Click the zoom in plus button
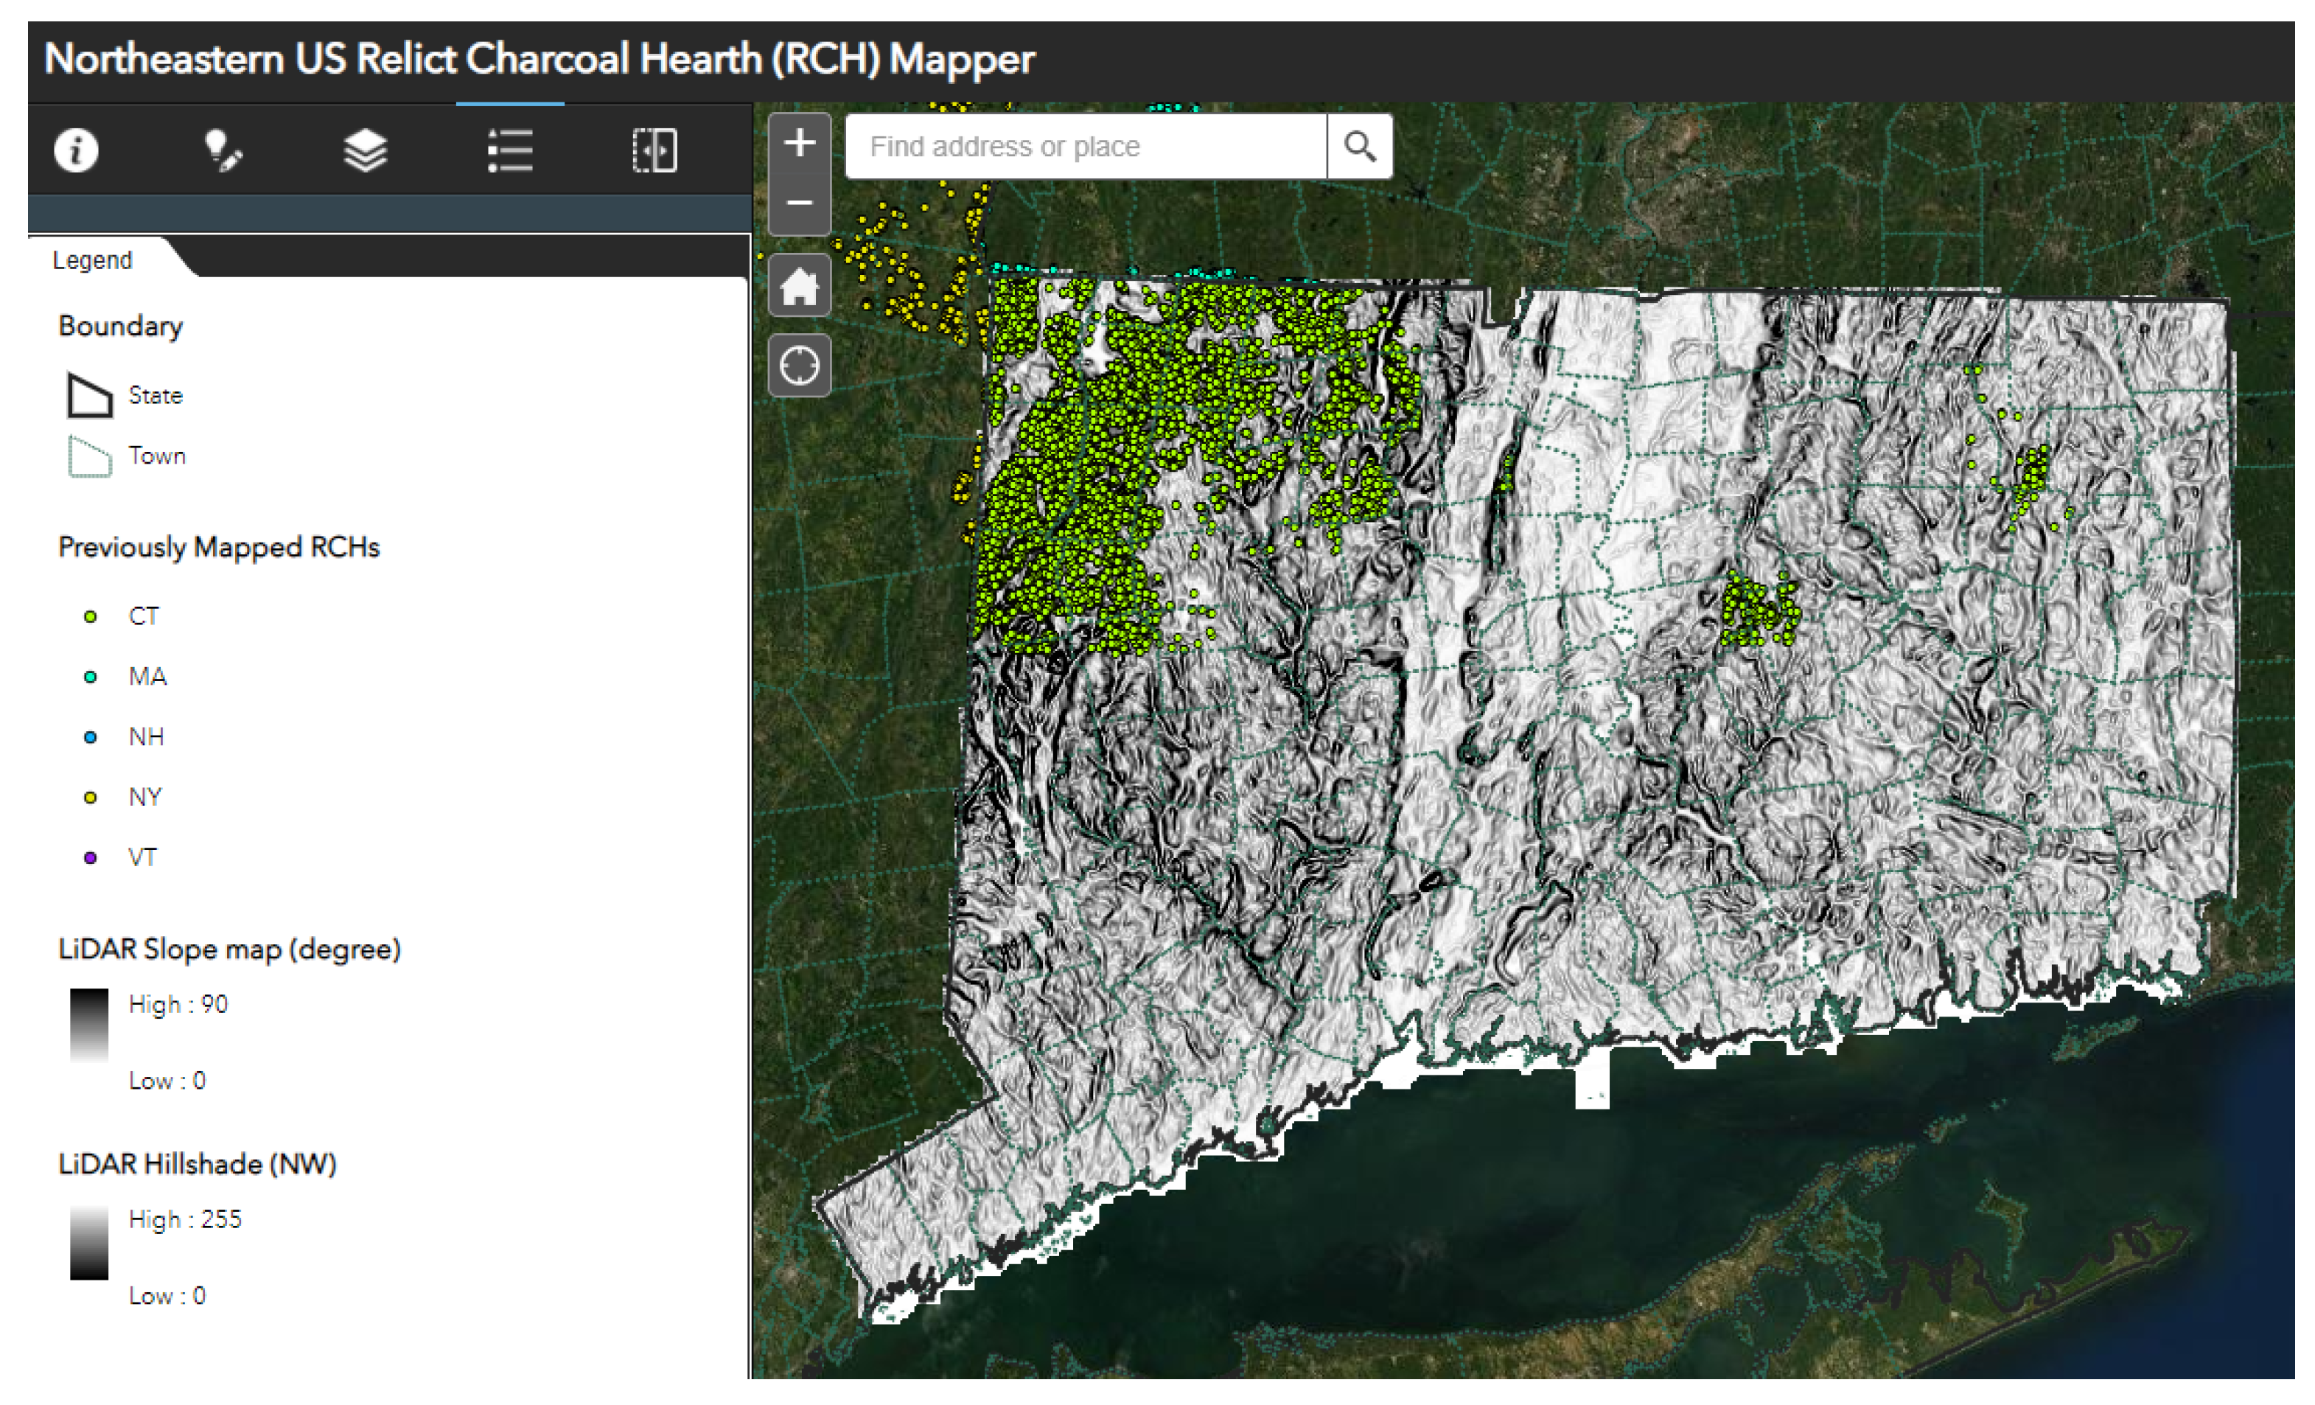click(x=800, y=144)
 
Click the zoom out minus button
click(x=800, y=203)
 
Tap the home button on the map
click(x=800, y=286)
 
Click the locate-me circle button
click(x=800, y=366)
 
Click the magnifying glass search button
click(x=1360, y=147)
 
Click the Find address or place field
click(x=1085, y=147)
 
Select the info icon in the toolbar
click(x=76, y=150)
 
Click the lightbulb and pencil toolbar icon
click(x=223, y=150)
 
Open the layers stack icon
click(x=366, y=150)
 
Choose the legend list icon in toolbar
click(x=510, y=150)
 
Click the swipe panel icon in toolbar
click(x=655, y=150)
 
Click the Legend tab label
click(x=92, y=260)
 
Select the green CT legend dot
click(x=90, y=616)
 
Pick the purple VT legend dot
click(x=90, y=857)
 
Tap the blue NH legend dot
click(x=90, y=737)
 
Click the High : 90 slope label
click(x=178, y=1004)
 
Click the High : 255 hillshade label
click(x=185, y=1219)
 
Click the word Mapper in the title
click(x=961, y=59)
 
